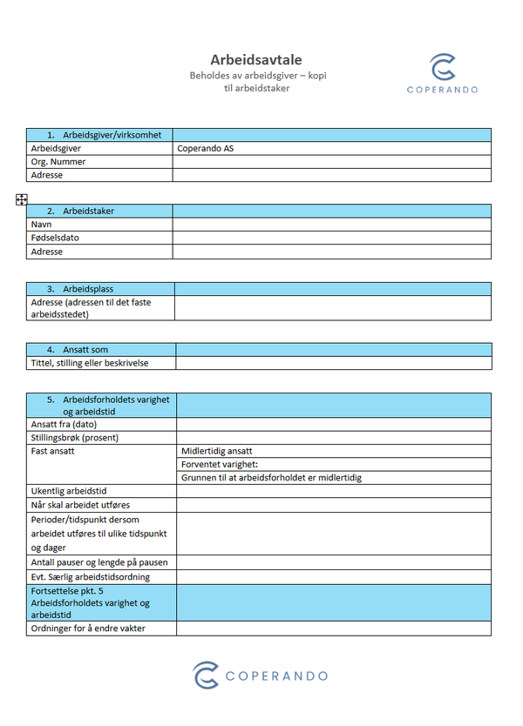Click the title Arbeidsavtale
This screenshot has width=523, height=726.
(256, 60)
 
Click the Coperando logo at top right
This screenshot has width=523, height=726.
(442, 73)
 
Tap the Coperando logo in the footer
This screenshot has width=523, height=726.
(261, 676)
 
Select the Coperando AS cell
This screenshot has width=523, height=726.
(206, 149)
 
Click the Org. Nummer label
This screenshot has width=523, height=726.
(58, 162)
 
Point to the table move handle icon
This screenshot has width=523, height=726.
(22, 199)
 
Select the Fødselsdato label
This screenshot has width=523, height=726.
(55, 238)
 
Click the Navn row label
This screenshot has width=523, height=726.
(42, 225)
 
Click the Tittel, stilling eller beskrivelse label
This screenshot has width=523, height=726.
(90, 363)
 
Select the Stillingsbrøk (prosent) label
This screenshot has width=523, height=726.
(75, 438)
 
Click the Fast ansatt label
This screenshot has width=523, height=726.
(53, 452)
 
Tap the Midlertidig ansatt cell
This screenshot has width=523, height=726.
(217, 452)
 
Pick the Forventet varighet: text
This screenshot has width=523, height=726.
(220, 465)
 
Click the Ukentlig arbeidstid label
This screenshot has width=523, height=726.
(69, 492)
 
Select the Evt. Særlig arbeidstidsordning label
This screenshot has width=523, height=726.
(91, 577)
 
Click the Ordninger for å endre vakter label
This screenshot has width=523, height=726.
(88, 629)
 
